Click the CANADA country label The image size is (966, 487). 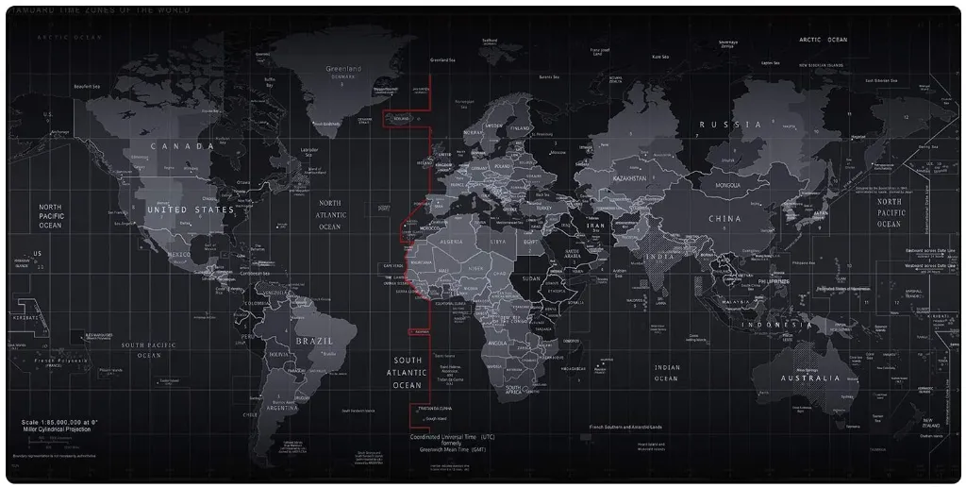[182, 146]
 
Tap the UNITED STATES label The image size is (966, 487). [190, 210]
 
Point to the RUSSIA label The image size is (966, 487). [730, 125]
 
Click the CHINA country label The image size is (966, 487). [724, 219]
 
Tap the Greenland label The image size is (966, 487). [343, 69]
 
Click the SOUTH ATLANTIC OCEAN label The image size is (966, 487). [408, 373]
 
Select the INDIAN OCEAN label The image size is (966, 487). [666, 373]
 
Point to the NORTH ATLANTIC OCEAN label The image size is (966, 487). [330, 214]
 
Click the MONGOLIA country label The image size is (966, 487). [728, 186]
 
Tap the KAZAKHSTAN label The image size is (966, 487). [629, 178]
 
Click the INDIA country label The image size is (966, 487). [660, 257]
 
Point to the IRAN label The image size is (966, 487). [596, 227]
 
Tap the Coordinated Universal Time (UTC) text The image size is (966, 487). [452, 437]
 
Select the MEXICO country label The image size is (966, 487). [179, 255]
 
